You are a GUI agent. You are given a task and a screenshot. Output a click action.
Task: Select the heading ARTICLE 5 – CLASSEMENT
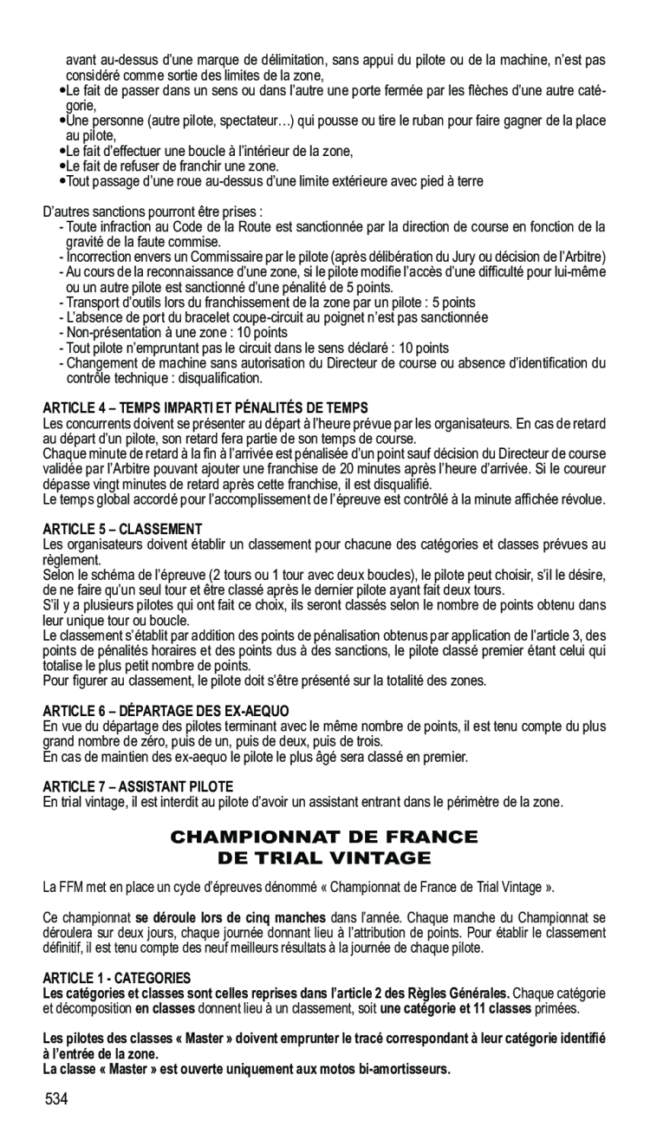coord(122,528)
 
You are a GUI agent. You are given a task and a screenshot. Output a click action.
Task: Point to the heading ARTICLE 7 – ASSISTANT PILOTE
coord(139,785)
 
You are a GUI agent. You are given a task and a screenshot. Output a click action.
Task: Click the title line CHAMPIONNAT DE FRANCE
coord(323,837)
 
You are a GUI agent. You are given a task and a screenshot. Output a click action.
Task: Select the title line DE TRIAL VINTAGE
coord(323,858)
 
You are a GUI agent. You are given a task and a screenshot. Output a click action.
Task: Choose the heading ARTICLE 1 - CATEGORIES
coord(117,976)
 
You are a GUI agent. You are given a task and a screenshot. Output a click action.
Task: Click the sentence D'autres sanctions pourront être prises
coord(153,212)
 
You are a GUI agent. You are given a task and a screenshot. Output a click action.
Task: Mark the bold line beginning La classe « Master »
coord(247,1069)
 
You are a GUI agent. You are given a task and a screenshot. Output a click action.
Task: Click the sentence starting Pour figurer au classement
coord(265,681)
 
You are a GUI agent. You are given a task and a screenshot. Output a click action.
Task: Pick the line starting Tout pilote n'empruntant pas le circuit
coord(257,349)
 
